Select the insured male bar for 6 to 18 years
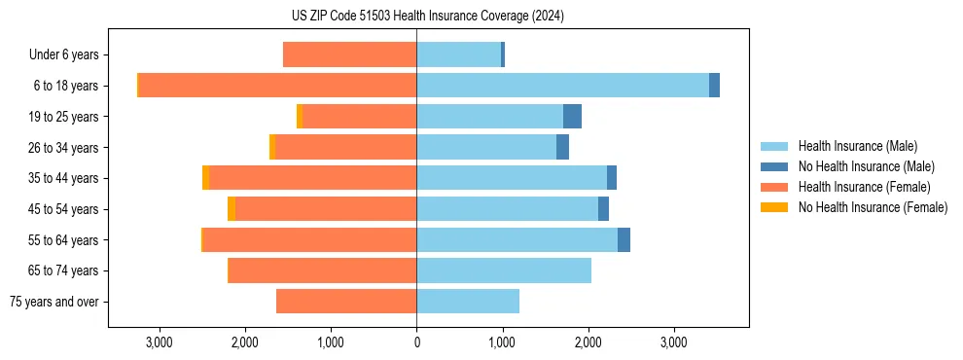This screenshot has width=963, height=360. tap(562, 86)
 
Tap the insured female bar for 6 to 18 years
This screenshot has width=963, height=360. tap(277, 86)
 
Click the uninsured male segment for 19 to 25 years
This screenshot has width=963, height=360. tap(572, 117)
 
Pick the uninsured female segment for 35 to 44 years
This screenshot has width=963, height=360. tap(205, 178)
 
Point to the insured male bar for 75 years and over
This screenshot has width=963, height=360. tap(468, 302)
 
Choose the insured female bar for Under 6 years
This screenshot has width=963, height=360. tap(349, 54)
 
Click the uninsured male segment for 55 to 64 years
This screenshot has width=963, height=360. tap(624, 239)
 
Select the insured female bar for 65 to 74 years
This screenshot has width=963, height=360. tap(322, 270)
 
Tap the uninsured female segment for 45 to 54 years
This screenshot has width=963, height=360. tap(232, 209)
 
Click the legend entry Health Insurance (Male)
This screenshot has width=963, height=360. tap(857, 146)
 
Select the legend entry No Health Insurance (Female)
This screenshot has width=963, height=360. tap(873, 207)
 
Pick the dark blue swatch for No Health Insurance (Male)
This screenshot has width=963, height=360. tap(775, 166)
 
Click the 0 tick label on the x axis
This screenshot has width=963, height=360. tap(416, 342)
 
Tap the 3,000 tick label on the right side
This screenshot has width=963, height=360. tap(674, 342)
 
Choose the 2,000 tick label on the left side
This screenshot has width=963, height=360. tap(244, 342)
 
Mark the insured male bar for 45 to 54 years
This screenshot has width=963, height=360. tap(507, 209)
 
